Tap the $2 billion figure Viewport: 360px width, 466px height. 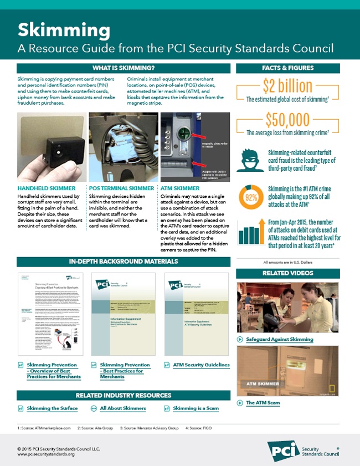coord(288,87)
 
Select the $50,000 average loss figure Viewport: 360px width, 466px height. coord(288,120)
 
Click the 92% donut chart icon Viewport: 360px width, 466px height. coord(250,197)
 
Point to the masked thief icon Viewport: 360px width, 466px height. coord(250,159)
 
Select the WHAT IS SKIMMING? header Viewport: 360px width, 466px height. coord(124,69)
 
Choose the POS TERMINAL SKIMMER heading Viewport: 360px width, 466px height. coord(121,188)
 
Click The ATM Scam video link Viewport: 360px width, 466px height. coord(263,403)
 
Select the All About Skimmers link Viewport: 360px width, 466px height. coord(122,408)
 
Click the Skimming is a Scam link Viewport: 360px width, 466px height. coord(196,408)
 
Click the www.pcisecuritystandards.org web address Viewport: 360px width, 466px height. coord(46,454)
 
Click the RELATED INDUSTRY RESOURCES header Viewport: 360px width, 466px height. coord(124,395)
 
